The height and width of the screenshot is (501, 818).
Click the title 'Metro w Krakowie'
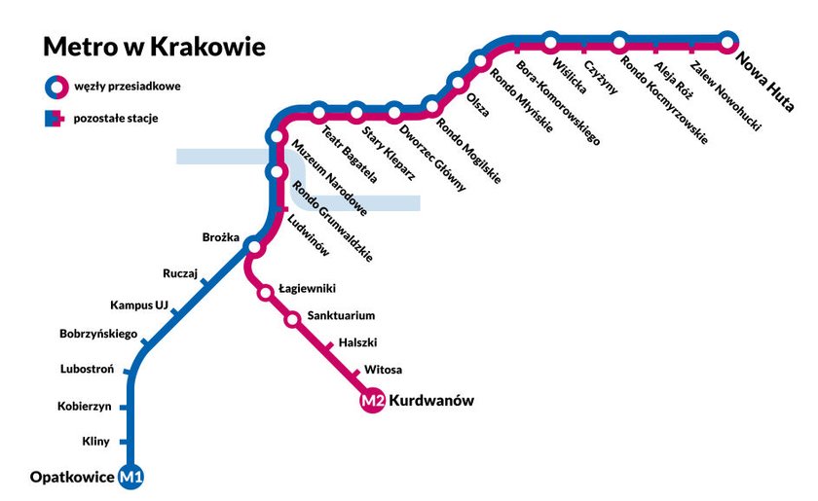click(x=153, y=47)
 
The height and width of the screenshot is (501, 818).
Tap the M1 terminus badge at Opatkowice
click(x=130, y=477)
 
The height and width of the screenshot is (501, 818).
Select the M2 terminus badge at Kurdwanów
click(x=372, y=401)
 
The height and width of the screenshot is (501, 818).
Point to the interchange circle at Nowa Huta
click(x=728, y=41)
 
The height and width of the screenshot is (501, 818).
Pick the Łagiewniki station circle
click(x=265, y=291)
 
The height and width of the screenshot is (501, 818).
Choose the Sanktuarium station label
click(x=341, y=316)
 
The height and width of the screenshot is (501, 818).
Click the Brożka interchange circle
click(x=254, y=245)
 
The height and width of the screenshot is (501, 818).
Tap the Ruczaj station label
click(x=180, y=274)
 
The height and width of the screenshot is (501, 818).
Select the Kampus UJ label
click(x=138, y=304)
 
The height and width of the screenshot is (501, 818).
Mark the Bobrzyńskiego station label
click(x=98, y=336)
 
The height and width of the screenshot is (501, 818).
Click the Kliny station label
click(x=97, y=443)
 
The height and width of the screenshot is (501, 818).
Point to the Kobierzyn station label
click(x=85, y=406)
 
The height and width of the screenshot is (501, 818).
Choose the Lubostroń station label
click(x=87, y=370)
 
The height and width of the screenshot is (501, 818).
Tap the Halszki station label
click(x=357, y=342)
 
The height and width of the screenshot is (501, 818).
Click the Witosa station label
click(x=383, y=370)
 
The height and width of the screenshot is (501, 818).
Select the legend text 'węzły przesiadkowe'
click(x=128, y=86)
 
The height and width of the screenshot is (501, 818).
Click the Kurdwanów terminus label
click(x=431, y=401)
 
